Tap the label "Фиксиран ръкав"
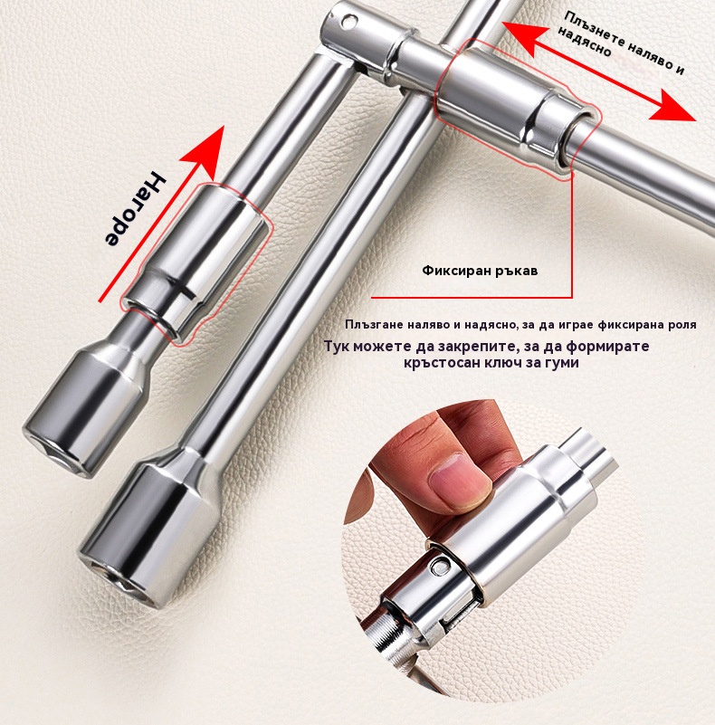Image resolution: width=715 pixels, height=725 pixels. pos(480,271)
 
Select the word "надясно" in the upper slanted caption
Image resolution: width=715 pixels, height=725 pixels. pos(584,41)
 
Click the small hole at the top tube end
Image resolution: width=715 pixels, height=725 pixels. pos(349,20)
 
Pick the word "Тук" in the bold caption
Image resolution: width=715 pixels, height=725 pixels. pos(336,346)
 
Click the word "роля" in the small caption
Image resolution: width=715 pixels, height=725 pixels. pos(682,325)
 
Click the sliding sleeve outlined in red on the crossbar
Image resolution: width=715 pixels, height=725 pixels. pos(517,110)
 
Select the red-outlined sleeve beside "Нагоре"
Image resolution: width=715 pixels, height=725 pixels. pos(195,262)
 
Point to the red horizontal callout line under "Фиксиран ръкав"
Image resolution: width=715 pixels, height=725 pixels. pos(472,297)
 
